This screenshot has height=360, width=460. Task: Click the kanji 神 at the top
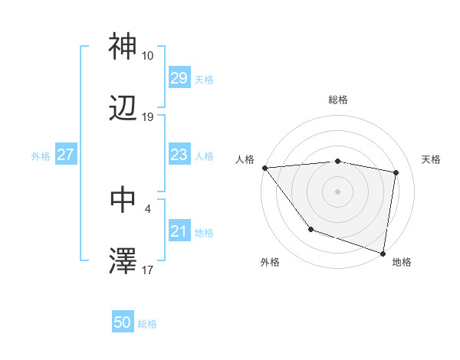click(123, 47)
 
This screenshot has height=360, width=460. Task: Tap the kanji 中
click(123, 199)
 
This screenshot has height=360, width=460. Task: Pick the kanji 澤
click(123, 261)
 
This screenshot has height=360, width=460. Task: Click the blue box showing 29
click(179, 78)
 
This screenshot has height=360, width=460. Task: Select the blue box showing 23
click(179, 155)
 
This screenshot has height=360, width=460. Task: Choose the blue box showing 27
click(66, 155)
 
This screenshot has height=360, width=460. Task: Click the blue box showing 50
click(123, 323)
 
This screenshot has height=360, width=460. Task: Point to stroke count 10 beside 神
click(148, 56)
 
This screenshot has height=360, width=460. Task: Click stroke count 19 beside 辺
click(148, 117)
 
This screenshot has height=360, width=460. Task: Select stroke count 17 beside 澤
click(148, 270)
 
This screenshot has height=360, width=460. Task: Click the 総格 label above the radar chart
click(338, 100)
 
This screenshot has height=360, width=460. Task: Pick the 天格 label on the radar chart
click(431, 159)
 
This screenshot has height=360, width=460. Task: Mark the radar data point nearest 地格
click(383, 253)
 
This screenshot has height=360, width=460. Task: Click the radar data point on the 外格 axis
click(310, 228)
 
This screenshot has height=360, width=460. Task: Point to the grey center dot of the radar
click(338, 191)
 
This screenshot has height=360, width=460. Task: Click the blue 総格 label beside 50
click(147, 324)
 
